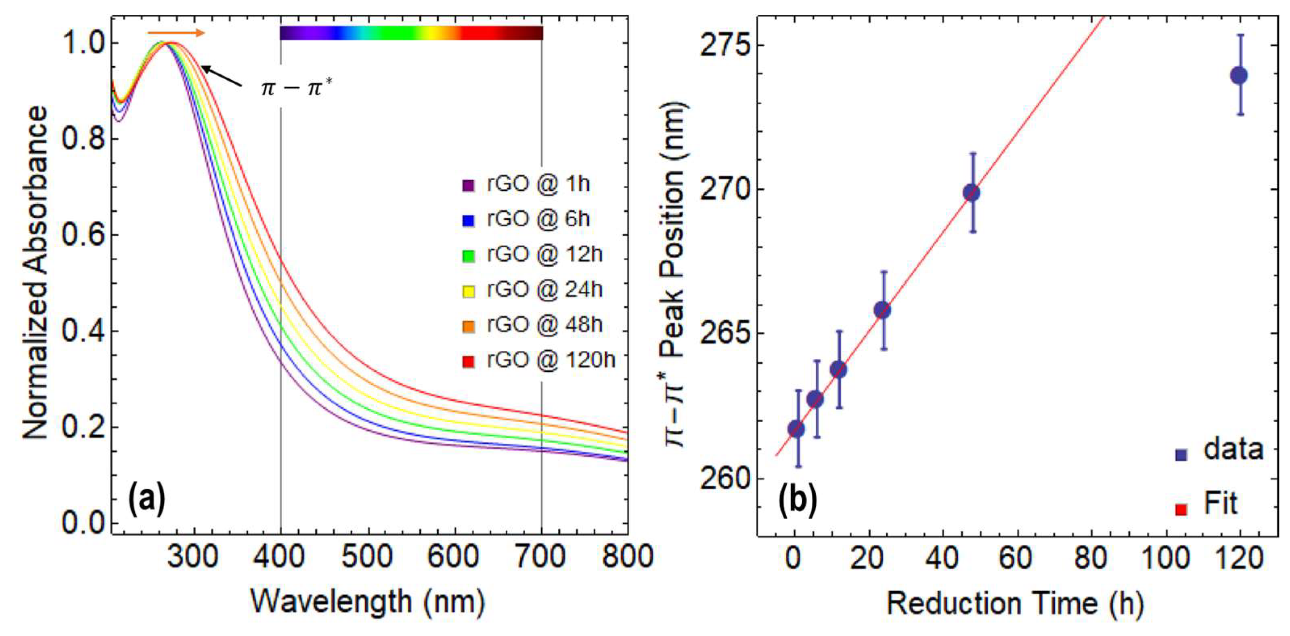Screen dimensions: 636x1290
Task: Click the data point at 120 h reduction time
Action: point(1238,76)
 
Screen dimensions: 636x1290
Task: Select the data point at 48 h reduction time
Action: point(972,192)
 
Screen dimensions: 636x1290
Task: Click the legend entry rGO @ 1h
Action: point(526,184)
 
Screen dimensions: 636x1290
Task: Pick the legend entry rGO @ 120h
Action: point(538,360)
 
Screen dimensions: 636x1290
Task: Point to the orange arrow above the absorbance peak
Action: point(176,33)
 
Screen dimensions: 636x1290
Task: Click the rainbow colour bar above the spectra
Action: point(410,33)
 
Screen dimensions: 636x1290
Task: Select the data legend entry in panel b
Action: point(1232,450)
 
